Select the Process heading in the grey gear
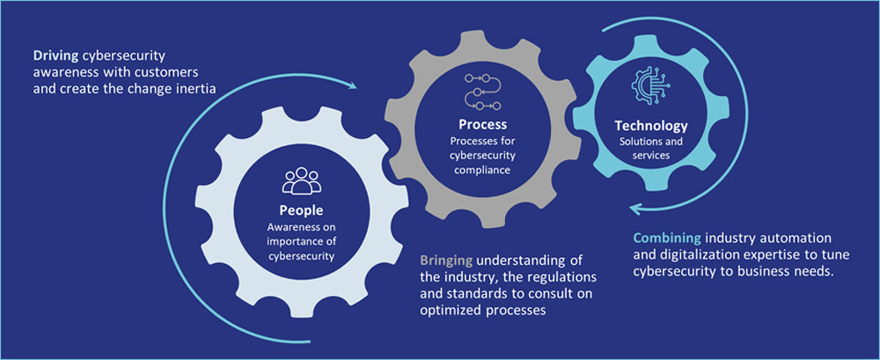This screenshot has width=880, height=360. tap(482, 125)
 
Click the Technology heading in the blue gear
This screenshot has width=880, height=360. tap(651, 126)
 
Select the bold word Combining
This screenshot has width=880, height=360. tap(666, 238)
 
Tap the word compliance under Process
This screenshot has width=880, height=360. tap(483, 170)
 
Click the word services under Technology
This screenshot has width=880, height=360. tap(651, 155)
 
